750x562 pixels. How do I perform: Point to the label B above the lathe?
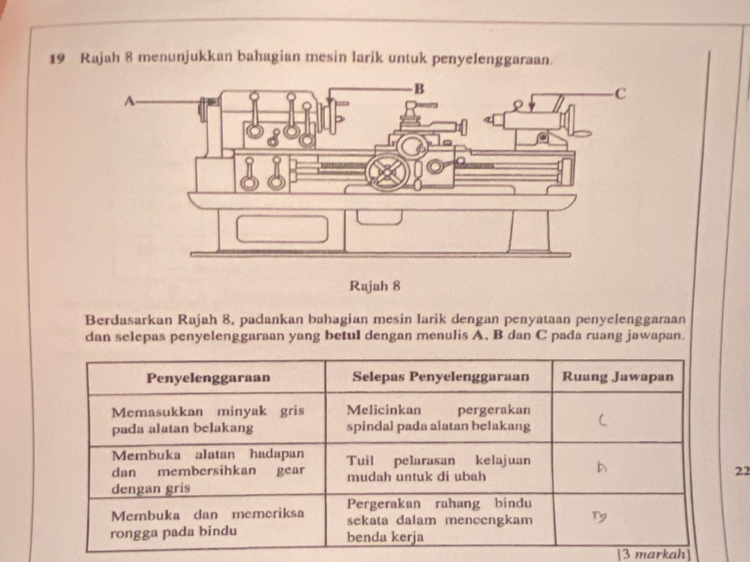click(x=420, y=86)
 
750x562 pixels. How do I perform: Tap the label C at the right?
click(x=620, y=94)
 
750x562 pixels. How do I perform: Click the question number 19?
click(x=55, y=59)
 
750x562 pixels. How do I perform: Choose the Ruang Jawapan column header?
click(x=619, y=376)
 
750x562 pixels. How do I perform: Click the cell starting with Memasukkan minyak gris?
click(x=207, y=418)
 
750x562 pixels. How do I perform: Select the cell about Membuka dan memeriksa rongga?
click(x=207, y=523)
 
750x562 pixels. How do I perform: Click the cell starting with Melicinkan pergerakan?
click(x=439, y=418)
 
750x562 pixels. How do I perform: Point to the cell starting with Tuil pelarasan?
click(x=439, y=467)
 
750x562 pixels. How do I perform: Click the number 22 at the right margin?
click(x=740, y=471)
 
